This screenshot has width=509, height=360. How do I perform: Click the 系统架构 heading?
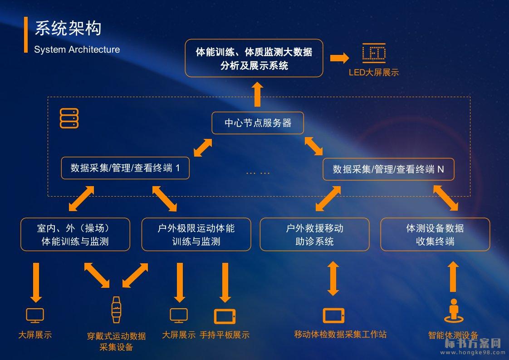(68, 28)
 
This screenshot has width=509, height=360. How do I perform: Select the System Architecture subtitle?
(77, 49)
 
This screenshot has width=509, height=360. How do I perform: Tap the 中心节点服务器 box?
(258, 123)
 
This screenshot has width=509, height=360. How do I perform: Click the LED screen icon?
(374, 53)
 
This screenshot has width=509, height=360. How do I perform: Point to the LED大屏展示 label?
(374, 73)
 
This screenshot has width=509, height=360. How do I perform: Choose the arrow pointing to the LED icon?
(339, 58)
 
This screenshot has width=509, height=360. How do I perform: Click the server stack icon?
(69, 118)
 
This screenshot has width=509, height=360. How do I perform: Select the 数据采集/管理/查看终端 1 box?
(125, 168)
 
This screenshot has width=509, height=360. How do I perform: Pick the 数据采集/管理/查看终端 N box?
(388, 169)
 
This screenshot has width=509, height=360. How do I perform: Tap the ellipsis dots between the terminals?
(258, 173)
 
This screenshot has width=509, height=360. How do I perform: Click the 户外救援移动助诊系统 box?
(314, 234)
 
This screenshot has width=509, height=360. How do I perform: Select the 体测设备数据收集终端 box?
(435, 234)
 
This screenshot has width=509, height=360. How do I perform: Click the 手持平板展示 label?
(225, 335)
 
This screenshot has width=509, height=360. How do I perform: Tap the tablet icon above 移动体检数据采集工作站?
(333, 315)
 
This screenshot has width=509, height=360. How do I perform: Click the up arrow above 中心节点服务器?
(257, 94)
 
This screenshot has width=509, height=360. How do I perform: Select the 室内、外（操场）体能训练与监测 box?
(75, 234)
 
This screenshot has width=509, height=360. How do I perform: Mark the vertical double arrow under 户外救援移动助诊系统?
(333, 278)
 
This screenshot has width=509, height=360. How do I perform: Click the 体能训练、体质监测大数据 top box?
(254, 58)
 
